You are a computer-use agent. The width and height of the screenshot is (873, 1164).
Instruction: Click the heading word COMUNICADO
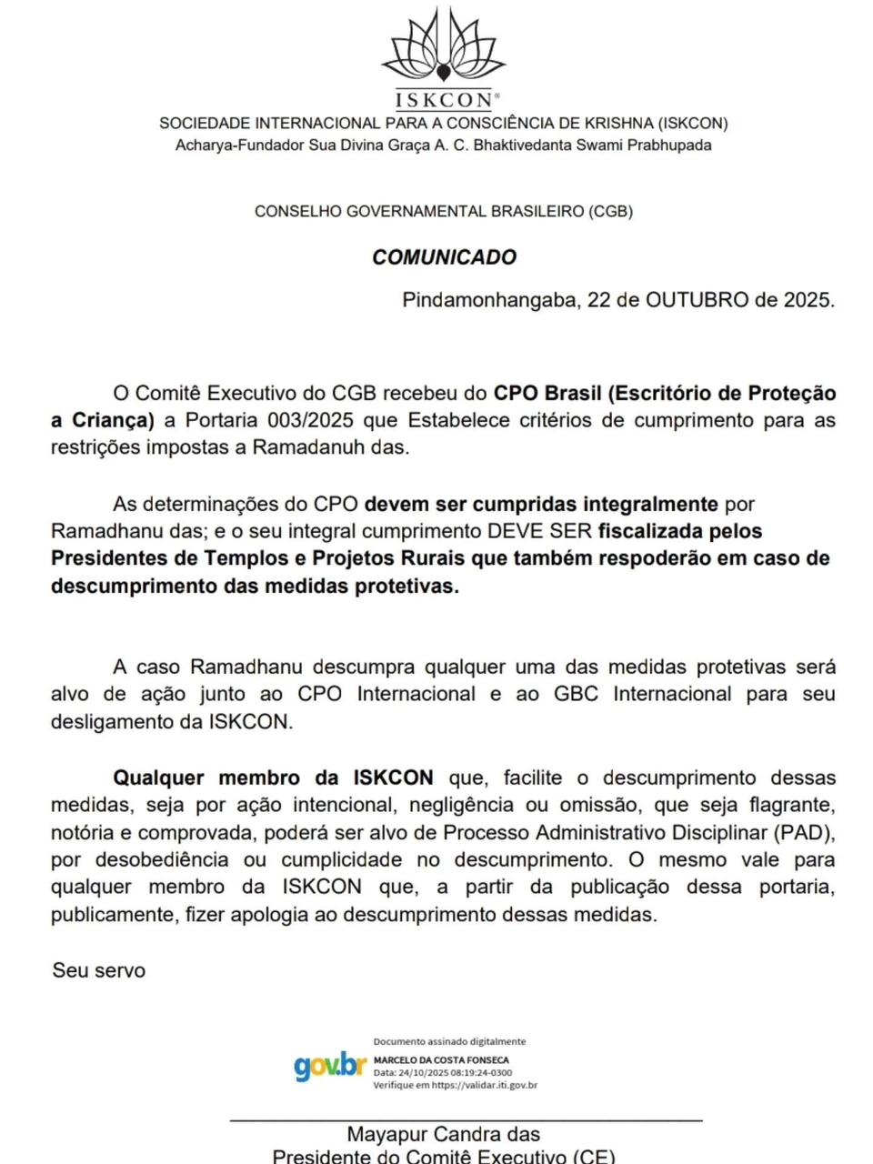click(444, 257)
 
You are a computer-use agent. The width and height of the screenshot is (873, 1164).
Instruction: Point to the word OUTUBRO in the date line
click(697, 300)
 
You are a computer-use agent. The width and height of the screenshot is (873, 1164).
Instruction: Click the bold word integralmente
click(644, 504)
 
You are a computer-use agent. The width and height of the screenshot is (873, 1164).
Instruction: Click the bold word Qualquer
click(159, 778)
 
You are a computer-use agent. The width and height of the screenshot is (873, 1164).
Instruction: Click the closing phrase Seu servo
click(99, 970)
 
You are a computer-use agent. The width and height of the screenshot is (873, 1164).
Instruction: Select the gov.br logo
click(329, 1066)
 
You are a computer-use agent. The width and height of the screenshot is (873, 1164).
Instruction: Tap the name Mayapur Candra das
click(443, 1135)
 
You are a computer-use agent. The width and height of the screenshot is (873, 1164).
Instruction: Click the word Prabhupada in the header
click(667, 145)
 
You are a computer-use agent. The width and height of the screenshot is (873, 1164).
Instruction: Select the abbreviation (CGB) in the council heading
click(611, 211)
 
